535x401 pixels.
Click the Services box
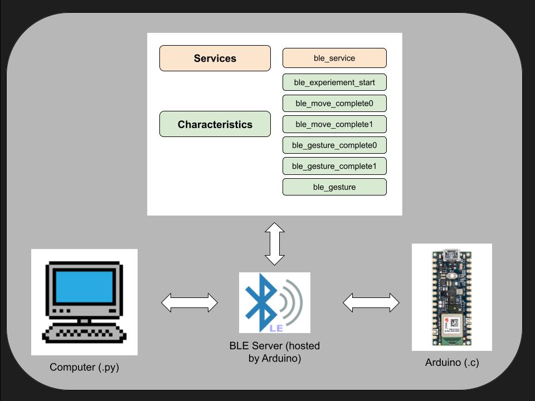click(215, 58)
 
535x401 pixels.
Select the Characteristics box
click(215, 124)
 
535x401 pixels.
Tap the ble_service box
click(334, 58)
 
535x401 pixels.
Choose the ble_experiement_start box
click(334, 82)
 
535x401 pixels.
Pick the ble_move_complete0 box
click(334, 104)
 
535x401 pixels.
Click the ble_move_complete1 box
click(334, 124)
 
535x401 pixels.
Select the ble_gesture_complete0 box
click(334, 145)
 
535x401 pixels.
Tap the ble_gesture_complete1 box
click(334, 166)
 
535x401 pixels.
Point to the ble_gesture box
click(334, 187)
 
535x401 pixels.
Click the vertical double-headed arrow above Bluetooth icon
click(275, 243)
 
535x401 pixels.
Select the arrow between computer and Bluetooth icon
click(189, 303)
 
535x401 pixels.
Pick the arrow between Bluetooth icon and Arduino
click(371, 303)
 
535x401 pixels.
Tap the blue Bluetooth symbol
click(262, 300)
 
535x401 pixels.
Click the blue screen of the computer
click(84, 287)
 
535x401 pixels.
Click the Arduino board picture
click(451, 297)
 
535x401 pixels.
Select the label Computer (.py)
click(84, 368)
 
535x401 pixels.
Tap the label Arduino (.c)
click(452, 363)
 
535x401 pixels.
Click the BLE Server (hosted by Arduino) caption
click(275, 352)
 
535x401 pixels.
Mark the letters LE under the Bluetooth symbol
click(276, 328)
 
